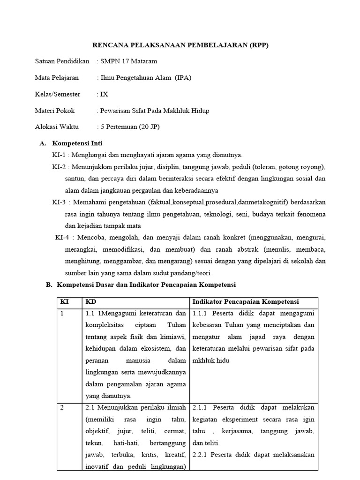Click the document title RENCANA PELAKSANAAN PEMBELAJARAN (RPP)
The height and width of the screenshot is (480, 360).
click(x=180, y=45)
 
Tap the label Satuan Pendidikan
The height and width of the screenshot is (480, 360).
click(x=62, y=61)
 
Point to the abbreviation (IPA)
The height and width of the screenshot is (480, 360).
click(x=183, y=77)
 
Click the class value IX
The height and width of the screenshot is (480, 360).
click(x=104, y=94)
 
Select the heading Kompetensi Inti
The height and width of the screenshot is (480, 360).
click(x=77, y=143)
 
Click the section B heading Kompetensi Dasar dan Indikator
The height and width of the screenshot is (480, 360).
click(x=146, y=285)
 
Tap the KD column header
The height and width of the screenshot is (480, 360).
click(x=90, y=302)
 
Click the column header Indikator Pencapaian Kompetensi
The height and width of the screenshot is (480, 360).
click(x=246, y=302)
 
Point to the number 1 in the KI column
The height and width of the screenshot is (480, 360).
click(x=62, y=314)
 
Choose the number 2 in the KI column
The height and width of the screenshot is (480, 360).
click(x=62, y=407)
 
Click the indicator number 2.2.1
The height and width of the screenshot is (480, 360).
click(x=201, y=454)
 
